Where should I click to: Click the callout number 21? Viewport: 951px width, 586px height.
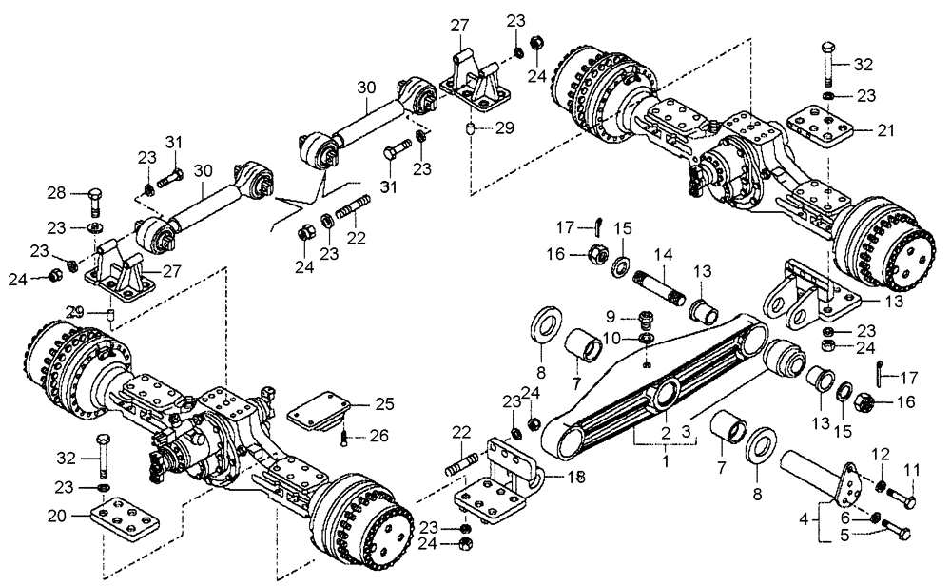pos(886,130)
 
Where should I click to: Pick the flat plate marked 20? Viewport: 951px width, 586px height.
pos(122,524)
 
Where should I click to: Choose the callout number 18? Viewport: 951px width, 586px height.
pos(577,476)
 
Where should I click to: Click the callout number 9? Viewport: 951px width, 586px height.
pos(615,319)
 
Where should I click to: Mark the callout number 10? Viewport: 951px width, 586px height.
pos(615,338)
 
